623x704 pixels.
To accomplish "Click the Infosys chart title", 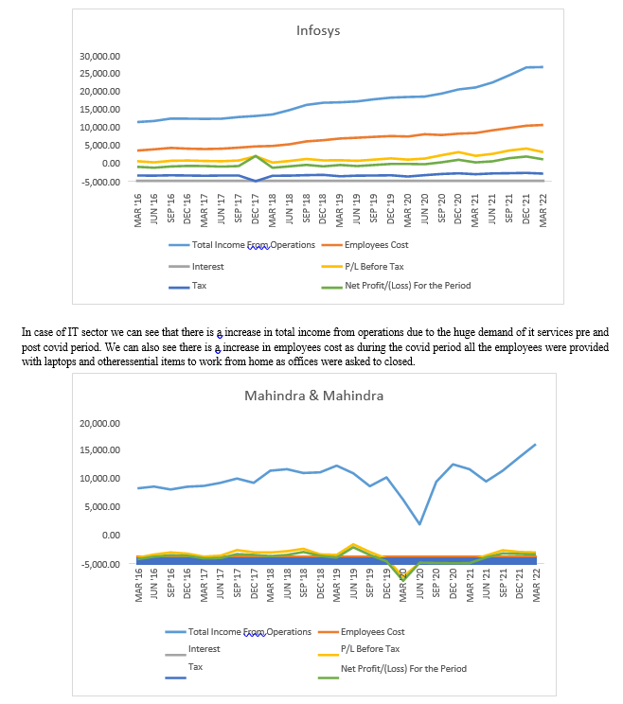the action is point(318,30).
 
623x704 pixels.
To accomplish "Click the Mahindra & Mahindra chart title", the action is point(314,396).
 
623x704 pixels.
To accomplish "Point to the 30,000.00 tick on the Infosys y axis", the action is point(99,56).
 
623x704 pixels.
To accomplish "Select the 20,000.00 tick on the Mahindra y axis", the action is point(99,423).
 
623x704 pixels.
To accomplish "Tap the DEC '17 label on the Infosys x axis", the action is point(255,209).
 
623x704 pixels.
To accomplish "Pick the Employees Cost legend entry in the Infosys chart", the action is point(365,245).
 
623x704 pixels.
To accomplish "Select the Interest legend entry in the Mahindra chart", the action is point(193,650).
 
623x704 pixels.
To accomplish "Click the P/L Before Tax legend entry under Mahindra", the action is point(359,650).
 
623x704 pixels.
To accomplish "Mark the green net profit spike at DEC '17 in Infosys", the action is point(255,156).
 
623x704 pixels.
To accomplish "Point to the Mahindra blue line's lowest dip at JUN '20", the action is point(419,523).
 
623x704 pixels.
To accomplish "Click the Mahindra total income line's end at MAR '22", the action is point(536,445).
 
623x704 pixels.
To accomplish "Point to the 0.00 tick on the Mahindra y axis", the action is point(111,536).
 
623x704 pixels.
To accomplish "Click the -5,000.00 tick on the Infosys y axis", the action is point(101,182).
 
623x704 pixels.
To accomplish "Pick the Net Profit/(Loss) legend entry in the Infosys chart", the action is point(396,286).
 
